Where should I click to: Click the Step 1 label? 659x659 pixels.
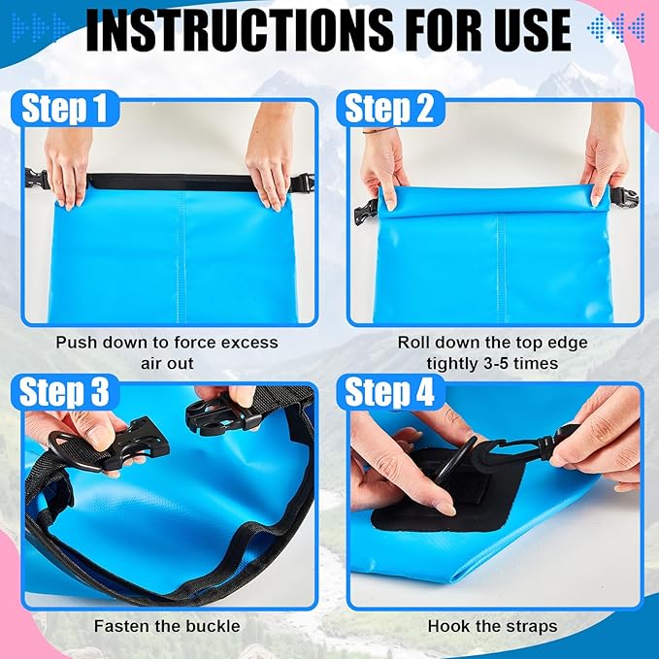pyautogui.click(x=63, y=109)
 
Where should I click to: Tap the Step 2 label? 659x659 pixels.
pyautogui.click(x=389, y=109)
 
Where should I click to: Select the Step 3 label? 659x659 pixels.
pyautogui.click(x=65, y=394)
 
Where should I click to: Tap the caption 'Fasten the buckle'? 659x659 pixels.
pyautogui.click(x=166, y=626)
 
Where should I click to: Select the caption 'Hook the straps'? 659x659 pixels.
pyautogui.click(x=492, y=626)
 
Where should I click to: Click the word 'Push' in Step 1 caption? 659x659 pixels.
pyautogui.click(x=76, y=343)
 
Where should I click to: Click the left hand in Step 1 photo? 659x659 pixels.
pyautogui.click(x=70, y=160)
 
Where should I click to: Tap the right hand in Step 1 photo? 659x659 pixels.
pyautogui.click(x=271, y=160)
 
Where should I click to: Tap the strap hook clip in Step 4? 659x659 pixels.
pyautogui.click(x=529, y=447)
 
